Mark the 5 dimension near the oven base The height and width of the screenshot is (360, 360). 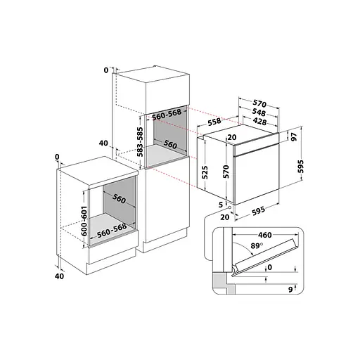click(x=221, y=205)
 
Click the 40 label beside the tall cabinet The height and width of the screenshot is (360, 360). click(x=103, y=143)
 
